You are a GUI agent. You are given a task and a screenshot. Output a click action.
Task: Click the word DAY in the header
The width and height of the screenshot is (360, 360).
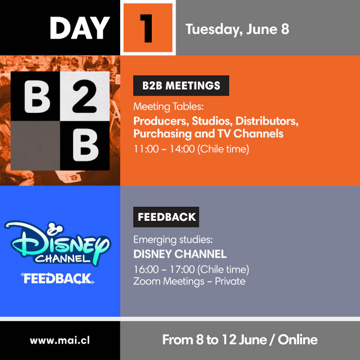click(80, 28)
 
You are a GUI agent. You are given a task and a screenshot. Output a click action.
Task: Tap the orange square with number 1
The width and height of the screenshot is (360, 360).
click(148, 28)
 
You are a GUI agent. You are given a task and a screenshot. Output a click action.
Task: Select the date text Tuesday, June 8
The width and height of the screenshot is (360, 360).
click(237, 30)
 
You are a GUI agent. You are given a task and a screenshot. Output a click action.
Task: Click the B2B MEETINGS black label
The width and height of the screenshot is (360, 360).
click(181, 86)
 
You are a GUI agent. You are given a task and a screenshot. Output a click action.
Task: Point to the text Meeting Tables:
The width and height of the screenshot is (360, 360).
click(168, 107)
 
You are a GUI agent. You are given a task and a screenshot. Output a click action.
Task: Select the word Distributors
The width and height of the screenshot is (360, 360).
click(267, 121)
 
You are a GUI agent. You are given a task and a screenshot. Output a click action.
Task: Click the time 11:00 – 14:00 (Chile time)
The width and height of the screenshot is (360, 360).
click(191, 149)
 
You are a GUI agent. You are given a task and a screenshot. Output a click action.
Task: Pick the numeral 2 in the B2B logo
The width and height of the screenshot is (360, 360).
click(85, 96)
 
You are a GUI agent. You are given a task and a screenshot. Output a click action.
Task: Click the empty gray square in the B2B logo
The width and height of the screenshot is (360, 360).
click(36, 145)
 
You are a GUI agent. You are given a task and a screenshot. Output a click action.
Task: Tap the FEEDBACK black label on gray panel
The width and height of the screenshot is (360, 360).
click(166, 217)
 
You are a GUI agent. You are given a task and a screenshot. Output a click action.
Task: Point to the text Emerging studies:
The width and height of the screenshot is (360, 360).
click(173, 240)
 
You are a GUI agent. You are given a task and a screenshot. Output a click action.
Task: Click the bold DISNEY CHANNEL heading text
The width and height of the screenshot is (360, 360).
click(180, 254)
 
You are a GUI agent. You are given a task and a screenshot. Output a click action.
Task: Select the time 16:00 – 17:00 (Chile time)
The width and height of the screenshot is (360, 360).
click(191, 270)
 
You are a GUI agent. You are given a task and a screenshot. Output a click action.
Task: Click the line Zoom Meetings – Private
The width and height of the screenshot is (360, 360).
click(189, 282)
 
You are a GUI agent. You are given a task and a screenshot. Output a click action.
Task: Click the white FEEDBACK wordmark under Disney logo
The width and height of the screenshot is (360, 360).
click(57, 278)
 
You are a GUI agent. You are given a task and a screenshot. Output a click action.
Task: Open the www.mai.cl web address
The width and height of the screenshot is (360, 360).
click(60, 341)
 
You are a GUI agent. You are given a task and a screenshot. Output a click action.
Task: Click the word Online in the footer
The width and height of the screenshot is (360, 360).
click(298, 340)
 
